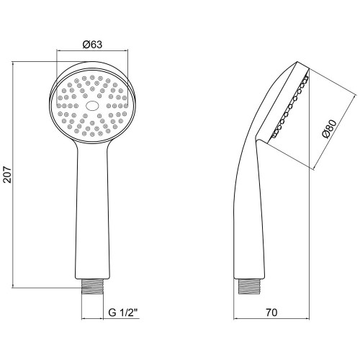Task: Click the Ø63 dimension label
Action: tap(92, 45)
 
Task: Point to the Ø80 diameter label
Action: tap(329, 129)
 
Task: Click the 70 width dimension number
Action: tap(271, 312)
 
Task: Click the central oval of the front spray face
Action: tap(92, 106)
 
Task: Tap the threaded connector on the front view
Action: tap(92, 287)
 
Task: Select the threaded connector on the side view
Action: tap(249, 287)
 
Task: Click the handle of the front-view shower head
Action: tap(92, 211)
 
